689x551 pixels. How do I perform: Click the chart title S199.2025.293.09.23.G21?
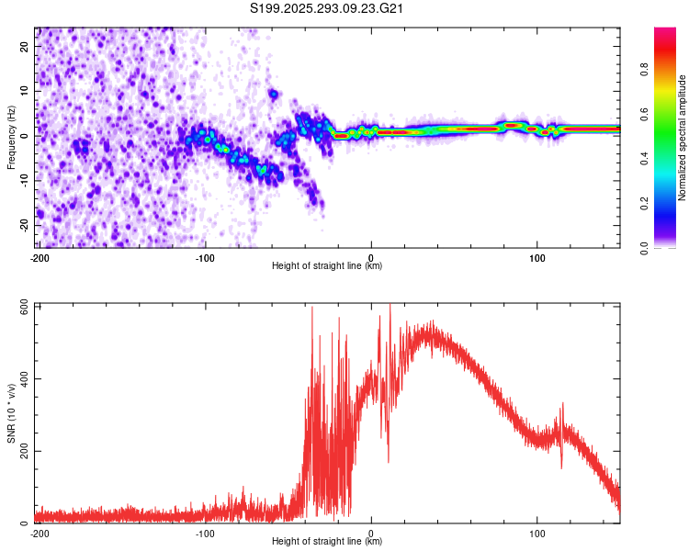click(x=328, y=9)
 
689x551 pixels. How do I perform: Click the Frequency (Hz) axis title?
click(x=11, y=138)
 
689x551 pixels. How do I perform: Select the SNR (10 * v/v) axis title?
click(x=11, y=413)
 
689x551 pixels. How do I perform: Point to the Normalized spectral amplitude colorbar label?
click(x=683, y=138)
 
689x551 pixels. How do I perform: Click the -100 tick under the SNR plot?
click(x=205, y=533)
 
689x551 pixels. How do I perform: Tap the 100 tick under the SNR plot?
click(x=537, y=533)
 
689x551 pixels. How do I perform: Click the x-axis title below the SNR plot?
click(x=328, y=543)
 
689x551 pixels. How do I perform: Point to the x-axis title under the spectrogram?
click(x=328, y=267)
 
